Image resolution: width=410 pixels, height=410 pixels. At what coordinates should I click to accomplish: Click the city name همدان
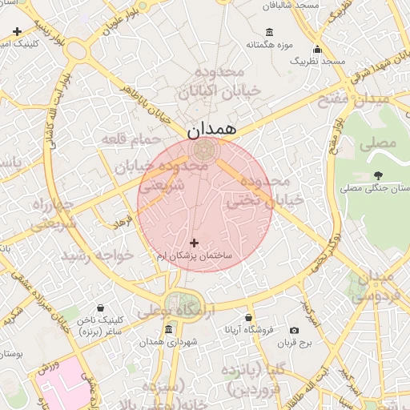(x=213, y=127)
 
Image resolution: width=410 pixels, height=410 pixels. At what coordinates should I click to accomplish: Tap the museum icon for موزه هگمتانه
(x=268, y=32)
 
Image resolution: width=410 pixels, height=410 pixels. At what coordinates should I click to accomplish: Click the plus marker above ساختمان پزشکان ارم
(x=194, y=242)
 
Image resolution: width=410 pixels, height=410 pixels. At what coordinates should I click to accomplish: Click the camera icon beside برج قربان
(x=294, y=330)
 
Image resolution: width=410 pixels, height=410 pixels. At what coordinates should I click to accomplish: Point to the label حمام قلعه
(x=125, y=139)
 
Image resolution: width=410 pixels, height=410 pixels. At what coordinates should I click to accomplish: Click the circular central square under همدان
(x=205, y=150)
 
